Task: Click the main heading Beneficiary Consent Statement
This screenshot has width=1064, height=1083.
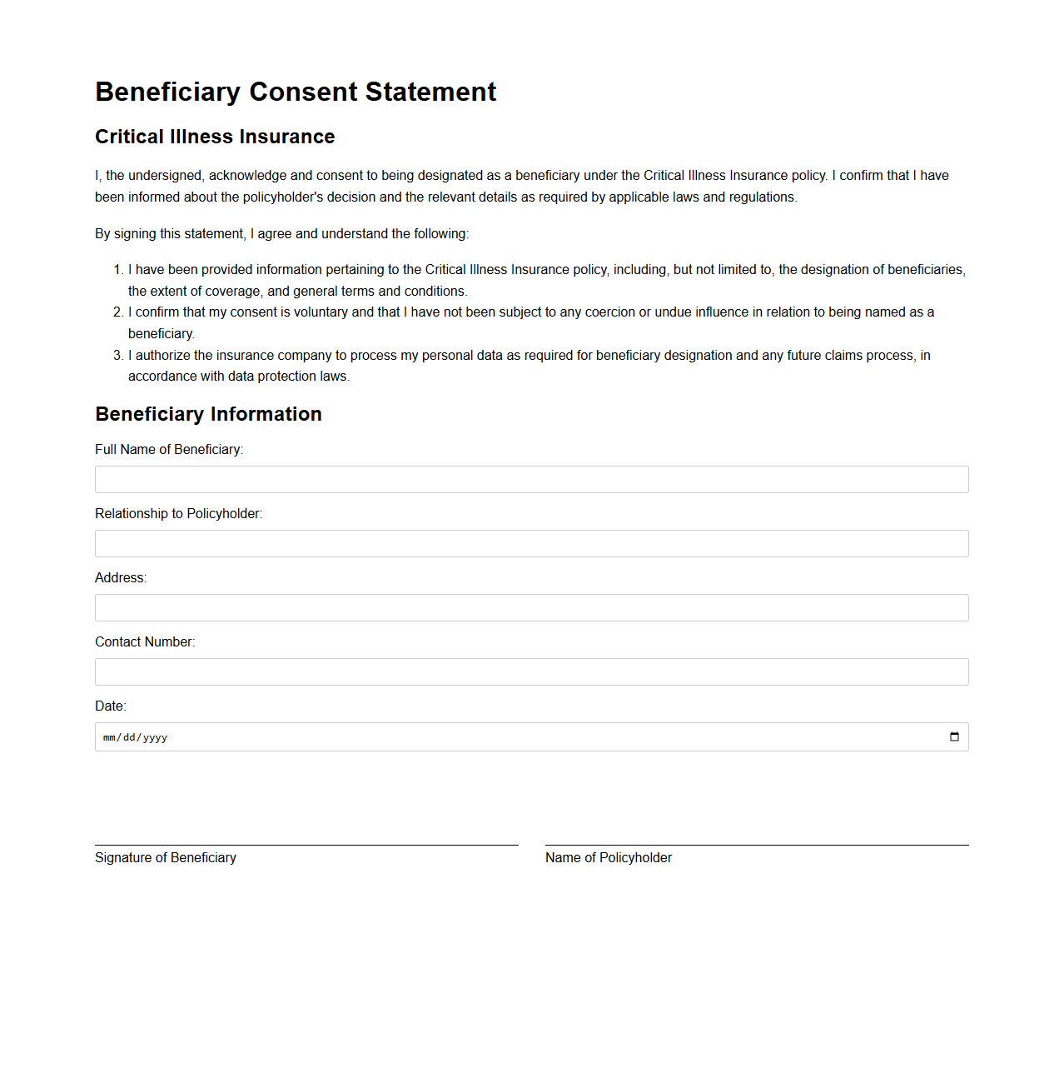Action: pyautogui.click(x=296, y=92)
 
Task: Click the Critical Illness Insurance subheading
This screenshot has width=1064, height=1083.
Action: pyautogui.click(x=215, y=137)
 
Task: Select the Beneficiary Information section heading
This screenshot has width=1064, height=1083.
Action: pyautogui.click(x=208, y=414)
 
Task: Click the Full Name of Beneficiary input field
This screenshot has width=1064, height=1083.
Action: pyautogui.click(x=531, y=480)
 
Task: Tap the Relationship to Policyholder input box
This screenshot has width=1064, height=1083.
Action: pyautogui.click(x=531, y=544)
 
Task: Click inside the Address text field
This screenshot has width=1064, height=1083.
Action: pyautogui.click(x=531, y=608)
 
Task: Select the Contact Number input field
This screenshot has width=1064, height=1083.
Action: pyautogui.click(x=531, y=672)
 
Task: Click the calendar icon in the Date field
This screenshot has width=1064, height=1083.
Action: pyautogui.click(x=954, y=737)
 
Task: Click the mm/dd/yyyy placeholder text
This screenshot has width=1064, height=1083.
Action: pyautogui.click(x=135, y=738)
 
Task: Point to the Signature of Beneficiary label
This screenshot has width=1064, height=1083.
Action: pyautogui.click(x=166, y=858)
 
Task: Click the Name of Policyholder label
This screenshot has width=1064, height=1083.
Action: pyautogui.click(x=609, y=858)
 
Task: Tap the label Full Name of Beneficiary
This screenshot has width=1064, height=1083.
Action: pyautogui.click(x=169, y=450)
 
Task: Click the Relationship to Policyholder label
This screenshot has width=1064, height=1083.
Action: pyautogui.click(x=178, y=514)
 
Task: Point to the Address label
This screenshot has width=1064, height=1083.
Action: pyautogui.click(x=121, y=578)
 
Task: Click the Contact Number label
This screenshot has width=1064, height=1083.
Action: pyautogui.click(x=145, y=642)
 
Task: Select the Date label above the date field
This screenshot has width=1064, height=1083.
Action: pyautogui.click(x=111, y=706)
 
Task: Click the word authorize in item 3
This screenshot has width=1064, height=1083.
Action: pyautogui.click(x=162, y=356)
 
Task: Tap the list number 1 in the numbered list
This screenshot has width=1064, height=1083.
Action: pyautogui.click(x=117, y=270)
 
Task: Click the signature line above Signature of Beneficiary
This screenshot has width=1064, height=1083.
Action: pyautogui.click(x=306, y=845)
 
